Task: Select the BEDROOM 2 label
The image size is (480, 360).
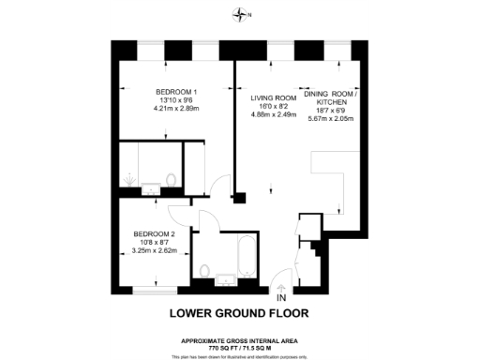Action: point(154,233)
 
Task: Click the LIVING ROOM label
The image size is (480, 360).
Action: point(273,97)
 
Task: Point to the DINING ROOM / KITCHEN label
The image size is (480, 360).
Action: point(333,101)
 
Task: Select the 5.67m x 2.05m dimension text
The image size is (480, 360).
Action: point(333,118)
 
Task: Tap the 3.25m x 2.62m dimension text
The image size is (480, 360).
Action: point(154,251)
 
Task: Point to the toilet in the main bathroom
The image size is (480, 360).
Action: point(204,272)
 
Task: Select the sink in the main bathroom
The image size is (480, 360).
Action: point(228,278)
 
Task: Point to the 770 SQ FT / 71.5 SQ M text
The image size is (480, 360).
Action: point(239,347)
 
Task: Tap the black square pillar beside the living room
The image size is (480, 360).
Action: point(241,199)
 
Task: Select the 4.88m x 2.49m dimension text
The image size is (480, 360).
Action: point(273,114)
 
